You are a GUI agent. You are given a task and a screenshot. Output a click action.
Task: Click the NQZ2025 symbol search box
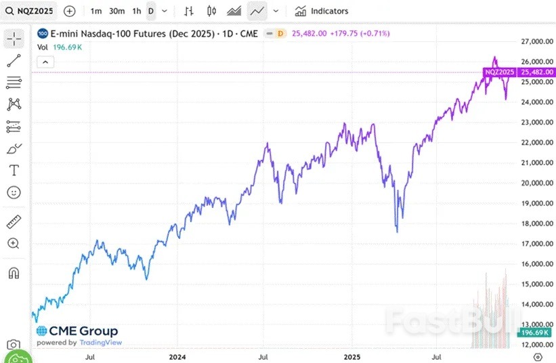pyautogui.click(x=30, y=11)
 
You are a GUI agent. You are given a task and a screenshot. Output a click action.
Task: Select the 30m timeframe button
pyautogui.click(x=116, y=11)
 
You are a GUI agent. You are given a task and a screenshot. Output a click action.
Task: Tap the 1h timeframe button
pyautogui.click(x=137, y=11)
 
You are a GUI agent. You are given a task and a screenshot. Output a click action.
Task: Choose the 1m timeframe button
pyautogui.click(x=96, y=11)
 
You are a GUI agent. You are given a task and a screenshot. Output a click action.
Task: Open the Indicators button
pyautogui.click(x=322, y=11)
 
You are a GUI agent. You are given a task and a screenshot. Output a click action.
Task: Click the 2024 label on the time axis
pyautogui.click(x=177, y=356)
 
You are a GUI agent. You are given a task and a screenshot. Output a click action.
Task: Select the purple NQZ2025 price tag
pyautogui.click(x=499, y=72)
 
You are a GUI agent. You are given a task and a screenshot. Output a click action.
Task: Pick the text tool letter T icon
pyautogui.click(x=14, y=170)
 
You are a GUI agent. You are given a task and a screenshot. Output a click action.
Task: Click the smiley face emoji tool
pyautogui.click(x=14, y=193)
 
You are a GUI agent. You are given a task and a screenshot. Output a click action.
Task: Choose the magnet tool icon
pyautogui.click(x=14, y=273)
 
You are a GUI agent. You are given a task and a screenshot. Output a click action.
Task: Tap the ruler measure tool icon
pyautogui.click(x=14, y=221)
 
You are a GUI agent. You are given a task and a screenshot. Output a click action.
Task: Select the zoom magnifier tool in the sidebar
pyautogui.click(x=14, y=243)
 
